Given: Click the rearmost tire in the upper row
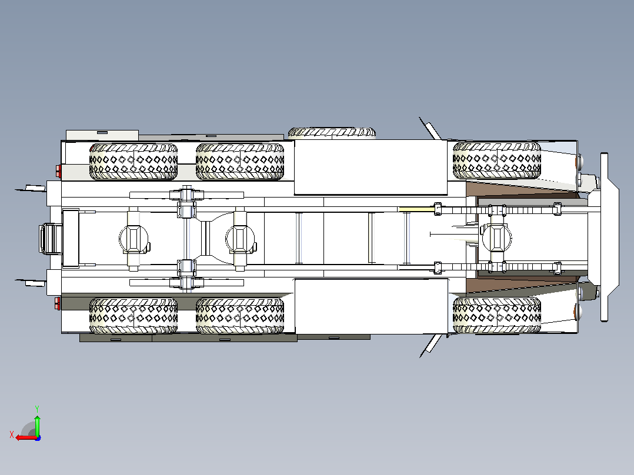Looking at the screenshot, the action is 134,161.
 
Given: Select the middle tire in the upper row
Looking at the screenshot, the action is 240,161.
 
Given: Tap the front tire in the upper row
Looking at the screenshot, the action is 497,160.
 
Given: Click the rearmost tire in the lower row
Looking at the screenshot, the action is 134,316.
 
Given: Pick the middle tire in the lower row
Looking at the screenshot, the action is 240,316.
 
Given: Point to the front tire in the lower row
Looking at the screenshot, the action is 497,316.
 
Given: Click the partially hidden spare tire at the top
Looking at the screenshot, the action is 332,133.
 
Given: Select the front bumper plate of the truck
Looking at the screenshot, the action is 604,237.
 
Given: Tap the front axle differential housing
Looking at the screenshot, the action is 496,238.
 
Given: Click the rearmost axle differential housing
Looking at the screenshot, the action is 134,239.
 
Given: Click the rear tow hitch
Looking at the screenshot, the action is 51,239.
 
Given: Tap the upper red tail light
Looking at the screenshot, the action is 58,171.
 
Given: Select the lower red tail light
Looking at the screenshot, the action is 58,303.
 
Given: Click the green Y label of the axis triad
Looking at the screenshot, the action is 37,409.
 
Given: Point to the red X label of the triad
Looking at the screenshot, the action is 12,434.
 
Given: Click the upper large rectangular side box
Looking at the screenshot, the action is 371,168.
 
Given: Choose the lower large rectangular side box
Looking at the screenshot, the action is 372,306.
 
